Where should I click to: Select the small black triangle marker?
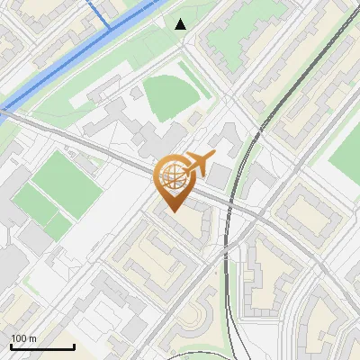pos(181,24)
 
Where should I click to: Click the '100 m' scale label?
pos(23,338)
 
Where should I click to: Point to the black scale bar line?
pos(42,346)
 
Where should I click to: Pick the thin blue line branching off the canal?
pos(102,16)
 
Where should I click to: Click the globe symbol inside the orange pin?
pos(172,177)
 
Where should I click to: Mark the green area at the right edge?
pos(347,149)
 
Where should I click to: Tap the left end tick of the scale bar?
pos(11,345)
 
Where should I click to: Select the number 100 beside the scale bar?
pos(19,338)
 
